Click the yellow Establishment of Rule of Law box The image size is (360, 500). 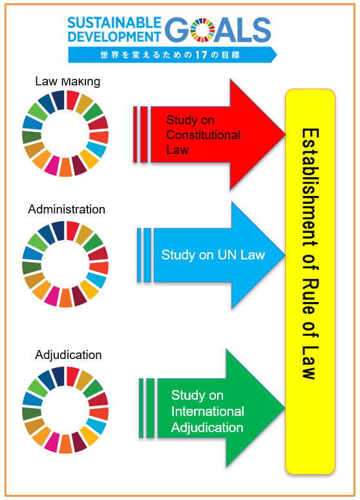point(310,281)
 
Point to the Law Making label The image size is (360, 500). point(67,81)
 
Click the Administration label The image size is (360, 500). point(67,209)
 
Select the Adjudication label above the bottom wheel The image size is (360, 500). point(68,355)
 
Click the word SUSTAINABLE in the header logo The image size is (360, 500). point(114,23)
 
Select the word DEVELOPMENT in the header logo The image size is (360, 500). point(114,37)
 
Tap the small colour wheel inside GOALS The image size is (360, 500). point(202,30)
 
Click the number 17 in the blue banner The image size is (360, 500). point(202,55)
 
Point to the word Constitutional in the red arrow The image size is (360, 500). point(203,135)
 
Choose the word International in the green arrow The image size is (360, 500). point(207,411)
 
